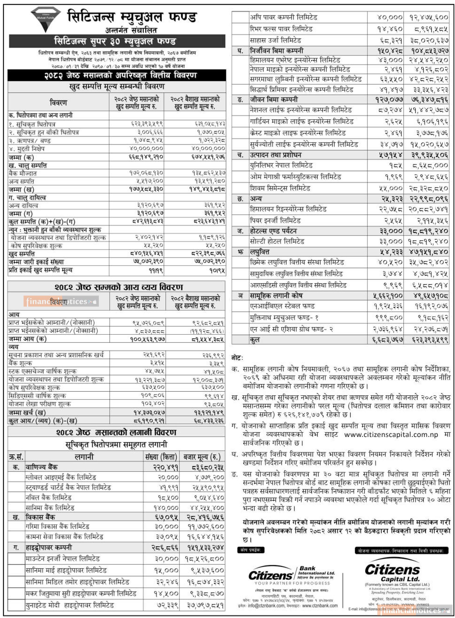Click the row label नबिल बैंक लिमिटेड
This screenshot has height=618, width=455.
coord(49,498)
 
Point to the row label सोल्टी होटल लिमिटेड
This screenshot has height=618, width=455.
coord(277,242)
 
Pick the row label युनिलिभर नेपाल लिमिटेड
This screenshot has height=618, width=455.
coord(281,166)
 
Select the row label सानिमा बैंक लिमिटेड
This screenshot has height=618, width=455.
coord(50,508)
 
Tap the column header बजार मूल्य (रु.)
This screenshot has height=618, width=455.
coord(202,457)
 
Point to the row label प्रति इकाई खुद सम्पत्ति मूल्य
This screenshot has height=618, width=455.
coord(41,270)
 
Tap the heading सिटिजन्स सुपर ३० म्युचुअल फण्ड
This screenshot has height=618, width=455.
coord(115,41)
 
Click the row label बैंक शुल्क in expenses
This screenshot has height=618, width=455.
coord(20,363)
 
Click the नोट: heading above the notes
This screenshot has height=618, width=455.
coord(237,358)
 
